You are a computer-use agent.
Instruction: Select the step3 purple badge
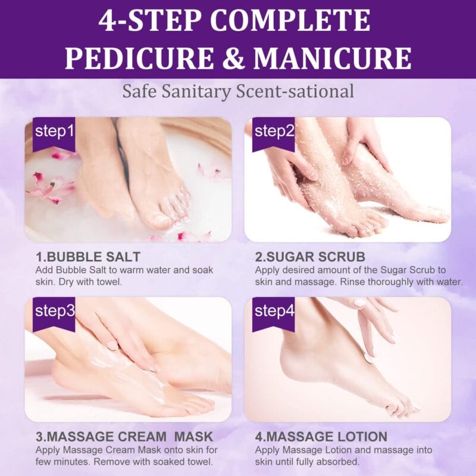pyautogui.click(x=54, y=312)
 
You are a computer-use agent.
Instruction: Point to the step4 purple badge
pyautogui.click(x=274, y=312)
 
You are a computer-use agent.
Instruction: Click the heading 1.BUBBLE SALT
pyautogui.click(x=88, y=257)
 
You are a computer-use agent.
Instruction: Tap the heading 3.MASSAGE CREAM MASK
pyautogui.click(x=124, y=437)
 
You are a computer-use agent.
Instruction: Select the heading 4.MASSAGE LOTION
pyautogui.click(x=321, y=437)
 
